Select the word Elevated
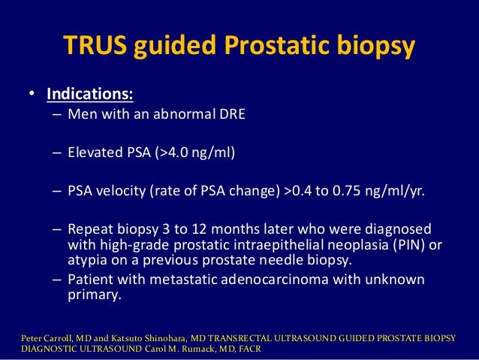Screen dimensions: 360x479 click(94, 153)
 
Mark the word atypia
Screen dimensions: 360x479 click(88, 260)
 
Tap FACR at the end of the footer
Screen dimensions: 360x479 click(262, 350)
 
